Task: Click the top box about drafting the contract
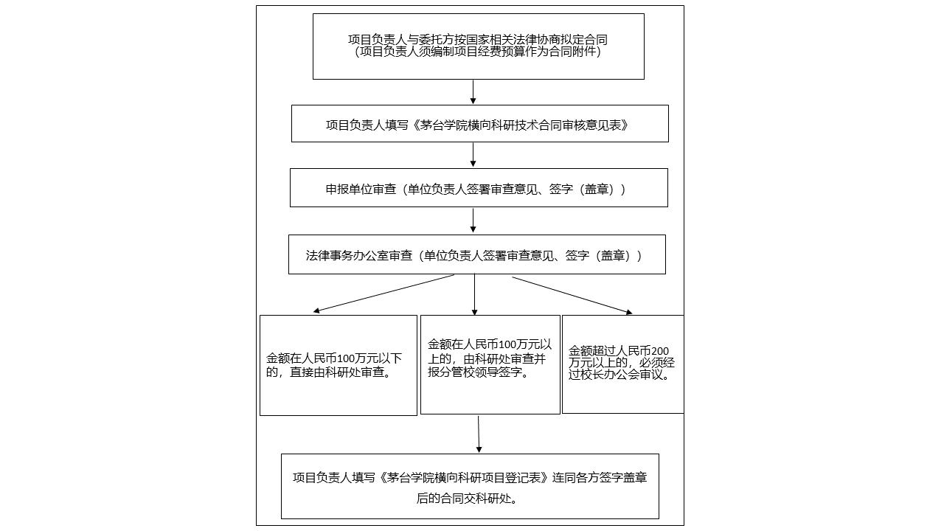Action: click(478, 46)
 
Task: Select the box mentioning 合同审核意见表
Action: click(479, 123)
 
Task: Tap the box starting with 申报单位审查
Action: click(479, 188)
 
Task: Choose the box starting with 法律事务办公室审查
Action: click(476, 254)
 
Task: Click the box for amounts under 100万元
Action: click(338, 365)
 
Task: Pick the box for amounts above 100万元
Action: click(490, 364)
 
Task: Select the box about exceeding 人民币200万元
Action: click(622, 364)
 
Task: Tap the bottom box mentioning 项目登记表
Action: click(469, 486)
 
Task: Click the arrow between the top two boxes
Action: click(473, 91)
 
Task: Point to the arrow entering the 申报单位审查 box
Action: click(473, 155)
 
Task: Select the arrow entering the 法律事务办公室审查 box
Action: click(473, 221)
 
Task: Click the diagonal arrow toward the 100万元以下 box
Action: click(383, 294)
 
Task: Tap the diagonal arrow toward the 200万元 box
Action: click(572, 295)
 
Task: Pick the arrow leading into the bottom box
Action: click(479, 434)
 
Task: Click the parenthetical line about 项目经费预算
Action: click(478, 52)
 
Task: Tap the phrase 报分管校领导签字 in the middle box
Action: click(478, 372)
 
